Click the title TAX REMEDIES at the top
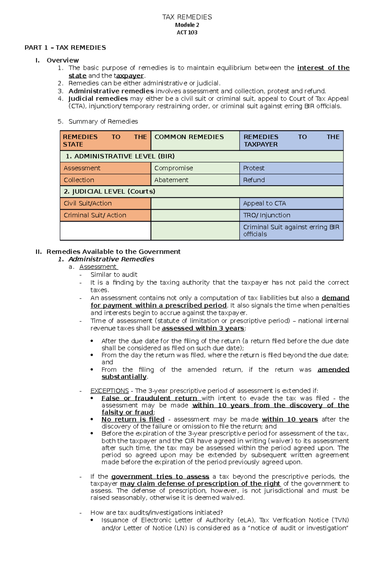tap(187, 17)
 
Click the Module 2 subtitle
tap(187, 25)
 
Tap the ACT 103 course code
tap(187, 32)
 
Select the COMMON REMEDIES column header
tap(189, 137)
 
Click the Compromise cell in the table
tap(174, 168)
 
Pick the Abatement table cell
tap(171, 180)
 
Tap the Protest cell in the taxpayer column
tap(254, 168)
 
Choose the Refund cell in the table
tap(254, 180)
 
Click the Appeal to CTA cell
tap(264, 203)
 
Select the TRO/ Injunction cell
tap(266, 215)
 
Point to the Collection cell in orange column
tap(79, 180)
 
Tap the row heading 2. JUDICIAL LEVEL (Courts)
tap(109, 191)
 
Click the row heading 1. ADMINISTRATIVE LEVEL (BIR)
tap(120, 156)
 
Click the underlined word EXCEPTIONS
tap(109, 391)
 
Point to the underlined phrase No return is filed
tap(133, 419)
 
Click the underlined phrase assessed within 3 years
tap(203, 328)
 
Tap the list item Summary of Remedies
tap(103, 121)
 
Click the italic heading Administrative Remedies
tap(111, 259)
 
